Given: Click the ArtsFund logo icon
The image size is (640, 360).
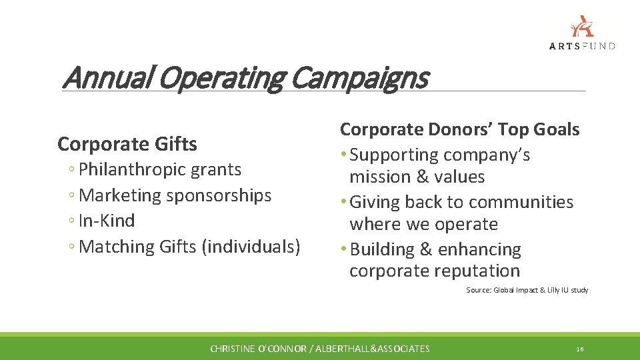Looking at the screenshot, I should tap(581, 26).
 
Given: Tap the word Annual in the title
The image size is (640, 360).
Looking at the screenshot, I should tap(107, 78).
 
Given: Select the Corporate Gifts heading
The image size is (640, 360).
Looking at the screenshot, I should tap(127, 144).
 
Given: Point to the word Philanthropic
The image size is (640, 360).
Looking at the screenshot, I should tap(122, 169).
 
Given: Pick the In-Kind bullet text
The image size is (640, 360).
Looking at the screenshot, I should tap(107, 221).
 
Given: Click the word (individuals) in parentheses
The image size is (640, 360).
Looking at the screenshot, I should tap(254, 247).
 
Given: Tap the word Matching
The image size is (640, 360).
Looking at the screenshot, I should tap(117, 247).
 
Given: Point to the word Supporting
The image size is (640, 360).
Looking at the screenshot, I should tap(394, 155).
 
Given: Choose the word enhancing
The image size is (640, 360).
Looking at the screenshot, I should tap(479, 249).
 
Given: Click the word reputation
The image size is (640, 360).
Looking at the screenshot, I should tap(479, 271).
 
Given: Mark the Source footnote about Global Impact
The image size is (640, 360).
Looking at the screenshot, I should tap(527, 290).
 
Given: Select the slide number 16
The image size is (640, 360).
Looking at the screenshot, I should tap(580, 349).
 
